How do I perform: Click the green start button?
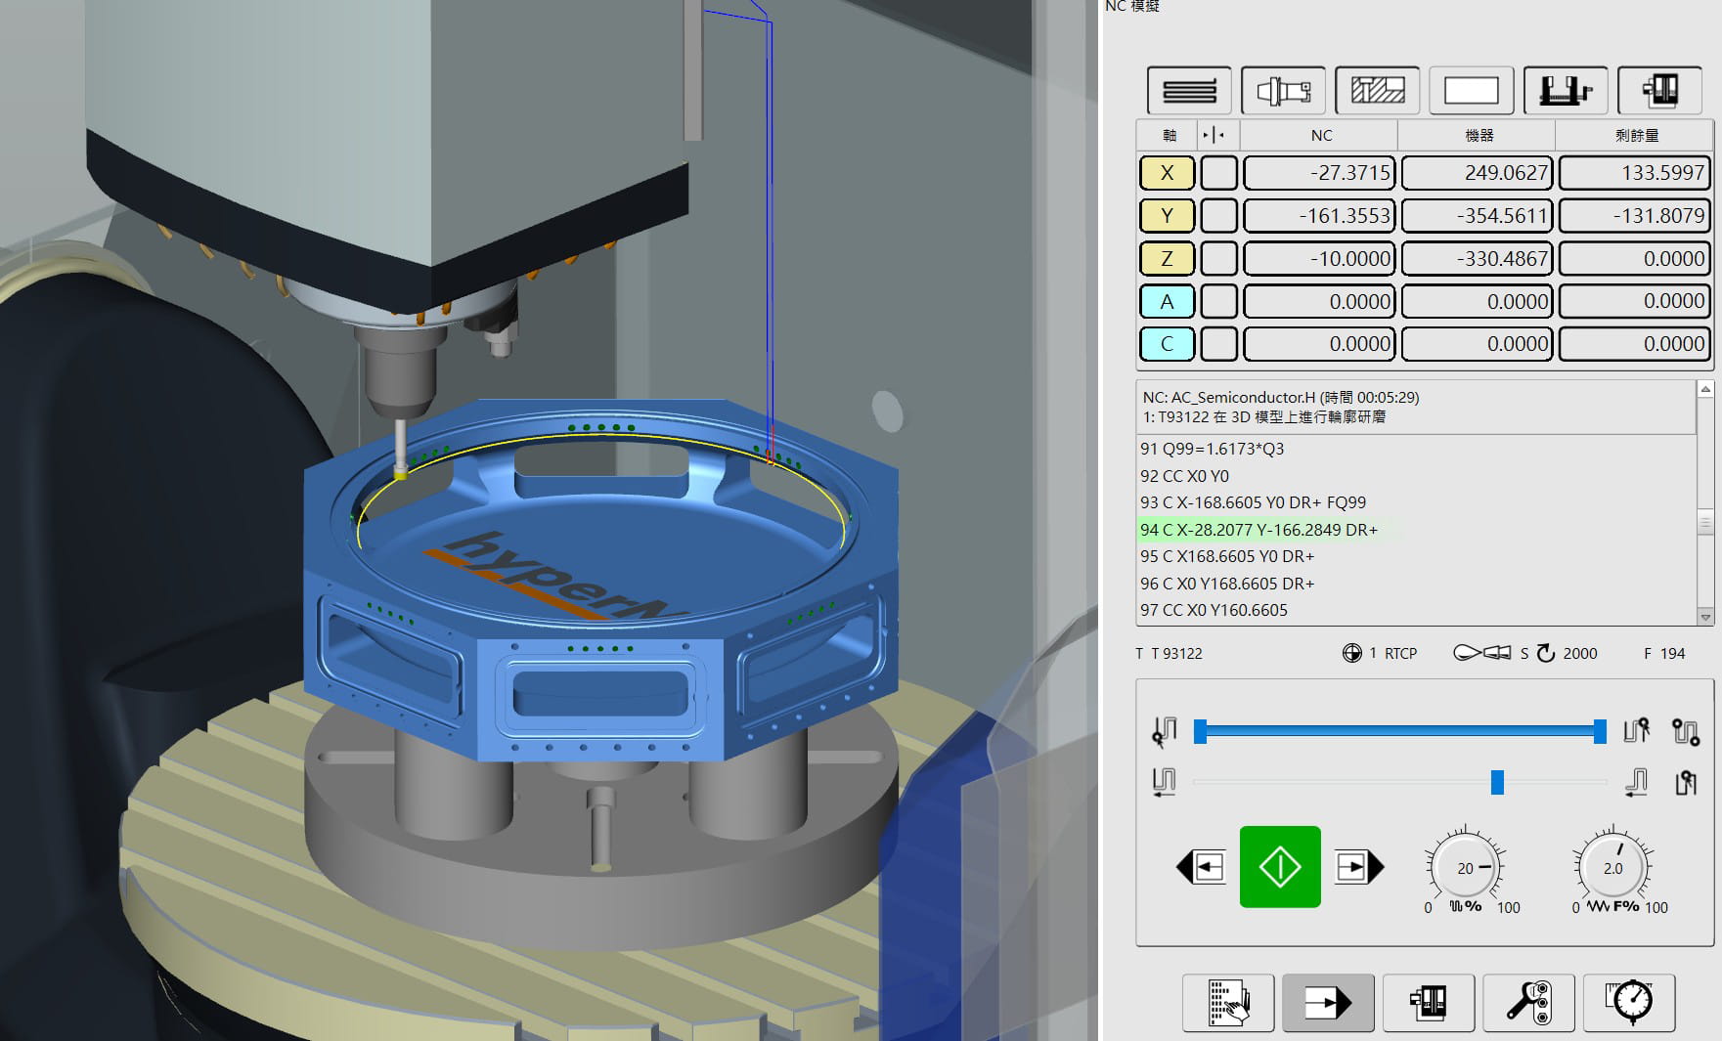point(1279,867)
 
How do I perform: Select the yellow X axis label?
point(1167,173)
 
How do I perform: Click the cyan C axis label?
point(1167,344)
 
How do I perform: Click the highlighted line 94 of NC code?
point(1258,530)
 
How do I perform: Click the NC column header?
point(1321,135)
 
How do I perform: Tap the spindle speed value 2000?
point(1579,653)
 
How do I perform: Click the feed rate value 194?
point(1672,653)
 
